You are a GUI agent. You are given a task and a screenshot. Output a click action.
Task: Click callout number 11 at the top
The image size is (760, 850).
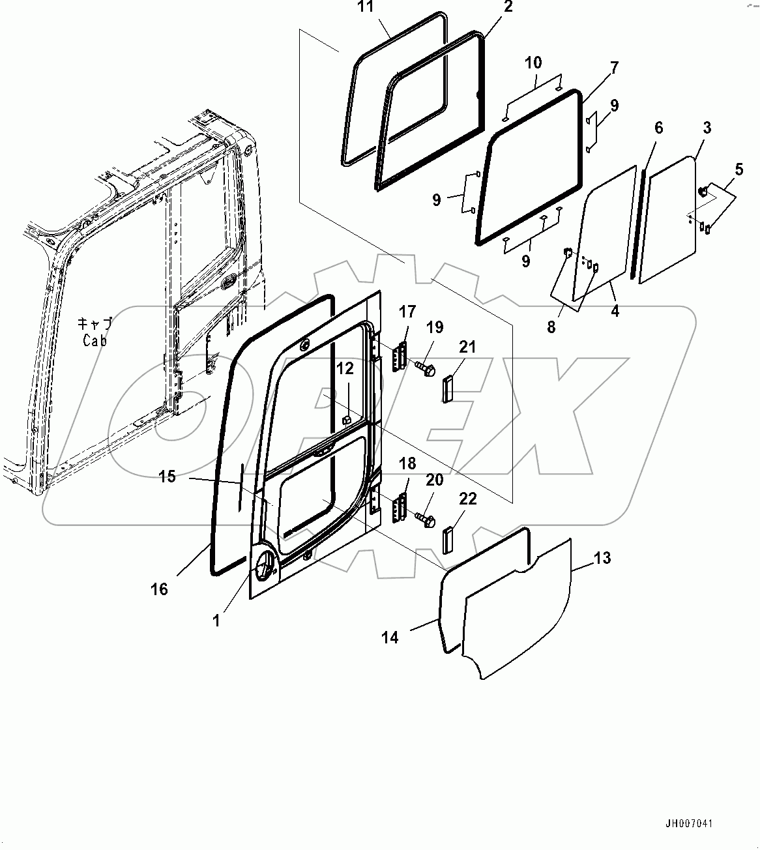367,8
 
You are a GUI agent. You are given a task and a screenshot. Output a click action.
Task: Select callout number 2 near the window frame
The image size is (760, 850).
508,7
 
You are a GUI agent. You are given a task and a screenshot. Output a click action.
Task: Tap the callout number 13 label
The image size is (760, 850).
602,558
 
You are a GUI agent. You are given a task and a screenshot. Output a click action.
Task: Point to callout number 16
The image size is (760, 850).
159,589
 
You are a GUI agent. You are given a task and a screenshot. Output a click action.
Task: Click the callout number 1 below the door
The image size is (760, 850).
216,621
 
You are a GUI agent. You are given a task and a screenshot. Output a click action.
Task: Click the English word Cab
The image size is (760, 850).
95,340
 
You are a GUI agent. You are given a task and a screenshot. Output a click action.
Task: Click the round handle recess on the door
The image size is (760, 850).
265,565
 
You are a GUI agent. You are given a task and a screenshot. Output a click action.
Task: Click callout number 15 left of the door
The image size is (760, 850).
168,476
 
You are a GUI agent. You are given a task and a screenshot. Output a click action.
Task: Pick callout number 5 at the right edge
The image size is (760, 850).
738,170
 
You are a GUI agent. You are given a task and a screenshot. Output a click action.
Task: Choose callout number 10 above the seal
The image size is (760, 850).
533,63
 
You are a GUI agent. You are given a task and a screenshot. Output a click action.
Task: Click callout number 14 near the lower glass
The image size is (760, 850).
390,637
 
